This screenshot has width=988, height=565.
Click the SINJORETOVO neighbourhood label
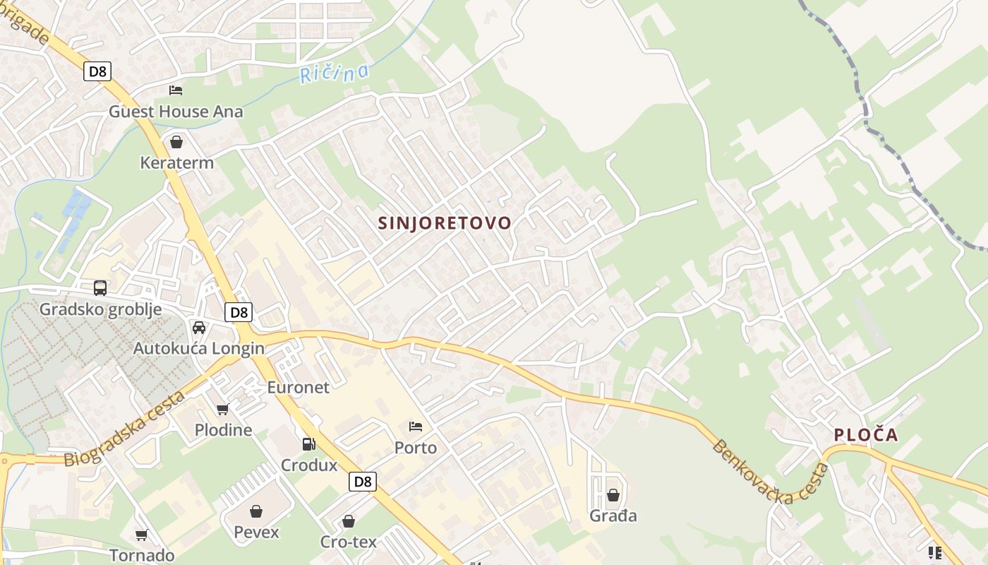[445, 223]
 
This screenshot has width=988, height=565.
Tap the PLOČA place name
[866, 435]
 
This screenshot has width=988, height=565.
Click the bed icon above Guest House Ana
[176, 90]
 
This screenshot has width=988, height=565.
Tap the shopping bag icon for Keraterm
[176, 142]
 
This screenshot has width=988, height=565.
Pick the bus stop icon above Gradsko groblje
[100, 288]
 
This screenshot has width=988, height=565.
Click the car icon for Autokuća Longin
[199, 328]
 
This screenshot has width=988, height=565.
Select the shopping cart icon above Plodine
[223, 409]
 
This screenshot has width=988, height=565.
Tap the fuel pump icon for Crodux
[308, 444]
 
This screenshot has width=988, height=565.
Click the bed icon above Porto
[416, 427]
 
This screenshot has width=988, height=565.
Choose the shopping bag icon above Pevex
[256, 511]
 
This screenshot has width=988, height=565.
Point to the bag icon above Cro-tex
[348, 521]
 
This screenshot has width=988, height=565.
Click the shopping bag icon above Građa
[613, 495]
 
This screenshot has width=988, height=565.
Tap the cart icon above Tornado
[141, 535]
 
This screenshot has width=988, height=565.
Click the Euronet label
[298, 387]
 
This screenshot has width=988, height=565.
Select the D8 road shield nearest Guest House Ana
[97, 71]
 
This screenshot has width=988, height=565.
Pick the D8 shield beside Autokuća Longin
[239, 311]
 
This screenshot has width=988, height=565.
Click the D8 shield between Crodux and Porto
[363, 482]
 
